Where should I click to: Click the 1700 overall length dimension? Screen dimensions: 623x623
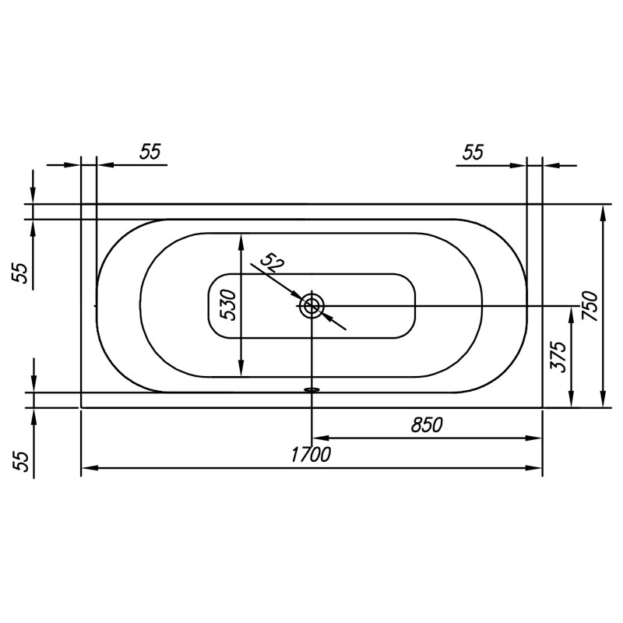[x=311, y=455]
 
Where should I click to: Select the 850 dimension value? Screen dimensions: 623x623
[x=427, y=424]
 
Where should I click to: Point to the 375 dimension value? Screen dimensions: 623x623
[x=558, y=357]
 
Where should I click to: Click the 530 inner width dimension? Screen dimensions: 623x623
[x=229, y=305]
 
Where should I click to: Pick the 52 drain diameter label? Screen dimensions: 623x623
[x=272, y=262]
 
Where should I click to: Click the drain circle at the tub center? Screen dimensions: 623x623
[x=312, y=306]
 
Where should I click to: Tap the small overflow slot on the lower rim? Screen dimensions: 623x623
[x=312, y=390]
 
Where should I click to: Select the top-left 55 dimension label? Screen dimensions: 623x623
[x=150, y=151]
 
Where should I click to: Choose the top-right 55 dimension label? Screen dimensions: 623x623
[x=473, y=152]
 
